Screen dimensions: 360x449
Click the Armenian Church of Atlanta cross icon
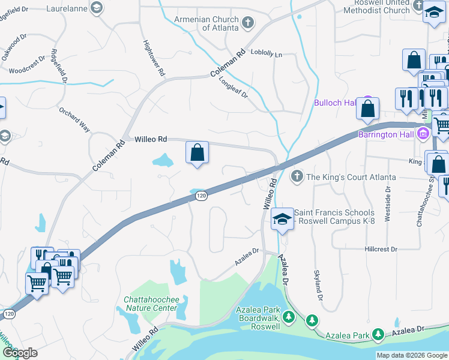[249, 23]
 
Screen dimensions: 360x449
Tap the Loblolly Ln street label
[266, 54]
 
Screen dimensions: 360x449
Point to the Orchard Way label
[74, 119]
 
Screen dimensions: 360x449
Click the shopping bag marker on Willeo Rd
[197, 154]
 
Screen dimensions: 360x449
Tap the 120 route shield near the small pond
[202, 196]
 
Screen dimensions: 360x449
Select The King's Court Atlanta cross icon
[296, 177]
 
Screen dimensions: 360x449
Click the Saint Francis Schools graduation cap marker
[282, 220]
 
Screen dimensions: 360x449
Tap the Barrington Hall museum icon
[423, 134]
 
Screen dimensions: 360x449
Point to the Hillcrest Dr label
[381, 249]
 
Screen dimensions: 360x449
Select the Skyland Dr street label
[318, 285]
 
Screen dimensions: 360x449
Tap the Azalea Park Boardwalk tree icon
[288, 316]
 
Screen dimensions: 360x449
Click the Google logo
[20, 352]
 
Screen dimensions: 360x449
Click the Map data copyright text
[412, 355]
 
